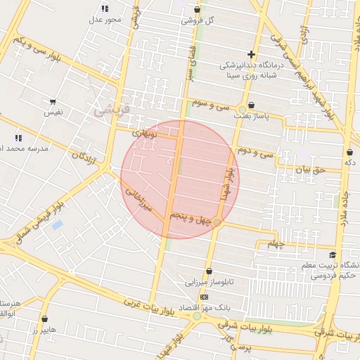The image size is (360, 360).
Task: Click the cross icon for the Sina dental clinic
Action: point(251,54)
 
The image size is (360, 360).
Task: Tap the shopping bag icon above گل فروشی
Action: point(197,10)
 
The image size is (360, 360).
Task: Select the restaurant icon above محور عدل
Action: point(105,8)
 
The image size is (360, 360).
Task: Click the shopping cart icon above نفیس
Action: point(53,102)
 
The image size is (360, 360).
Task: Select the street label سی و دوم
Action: point(255,151)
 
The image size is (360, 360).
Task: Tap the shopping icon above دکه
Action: point(349,152)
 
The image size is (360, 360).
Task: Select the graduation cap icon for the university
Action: point(332,255)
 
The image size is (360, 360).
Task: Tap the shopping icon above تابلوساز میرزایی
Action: point(209,271)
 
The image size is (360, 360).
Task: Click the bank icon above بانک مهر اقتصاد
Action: point(204,297)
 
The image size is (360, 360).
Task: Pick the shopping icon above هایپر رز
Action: point(44,319)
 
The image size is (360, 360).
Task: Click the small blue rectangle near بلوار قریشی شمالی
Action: point(57,225)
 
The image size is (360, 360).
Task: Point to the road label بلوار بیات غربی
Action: point(146,304)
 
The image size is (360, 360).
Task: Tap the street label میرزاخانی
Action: point(139,200)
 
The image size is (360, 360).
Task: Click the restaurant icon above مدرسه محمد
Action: point(18,138)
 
